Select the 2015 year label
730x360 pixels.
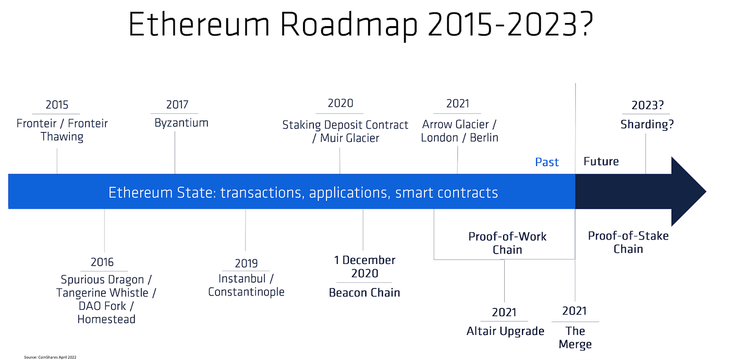pos(57,105)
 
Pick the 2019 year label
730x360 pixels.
pos(246,263)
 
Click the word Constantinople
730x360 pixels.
pos(246,292)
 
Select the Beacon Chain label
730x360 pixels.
pos(364,293)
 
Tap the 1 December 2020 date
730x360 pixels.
pos(364,267)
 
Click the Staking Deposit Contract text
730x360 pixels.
pos(345,125)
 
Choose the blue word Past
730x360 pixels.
pos(547,162)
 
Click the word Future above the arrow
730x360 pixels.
pos(601,162)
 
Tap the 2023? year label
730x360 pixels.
pos(647,105)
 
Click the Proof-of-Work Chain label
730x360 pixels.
pos(507,243)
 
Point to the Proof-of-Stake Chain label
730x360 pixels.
pos(628,242)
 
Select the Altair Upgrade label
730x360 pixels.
pos(505,331)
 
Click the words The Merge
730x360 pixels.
pos(575,338)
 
